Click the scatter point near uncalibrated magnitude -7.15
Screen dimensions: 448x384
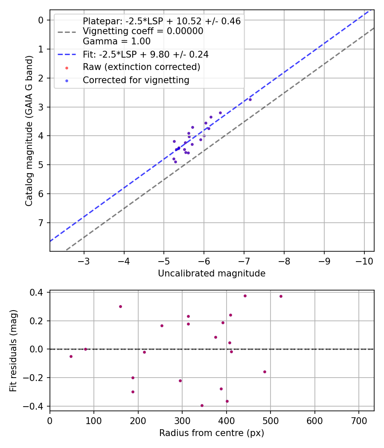tap(250, 99)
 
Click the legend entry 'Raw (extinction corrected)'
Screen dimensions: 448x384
tap(141, 67)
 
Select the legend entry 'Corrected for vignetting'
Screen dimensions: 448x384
tap(136, 80)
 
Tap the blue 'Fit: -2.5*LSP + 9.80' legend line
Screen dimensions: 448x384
tap(67, 55)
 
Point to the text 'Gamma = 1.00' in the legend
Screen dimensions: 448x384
tap(116, 41)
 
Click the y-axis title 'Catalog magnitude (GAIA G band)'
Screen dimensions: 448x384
tap(29, 130)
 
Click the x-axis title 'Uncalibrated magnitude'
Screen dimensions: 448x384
tap(212, 273)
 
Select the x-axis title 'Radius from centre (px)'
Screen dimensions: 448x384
tap(212, 433)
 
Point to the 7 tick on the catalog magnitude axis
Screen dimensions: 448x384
tap(41, 223)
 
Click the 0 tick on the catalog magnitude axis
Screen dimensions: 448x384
tap(41, 20)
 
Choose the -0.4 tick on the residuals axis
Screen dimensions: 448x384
tap(36, 406)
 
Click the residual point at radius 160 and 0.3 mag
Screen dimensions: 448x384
tap(120, 306)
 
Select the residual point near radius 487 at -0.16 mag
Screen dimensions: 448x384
tap(265, 372)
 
